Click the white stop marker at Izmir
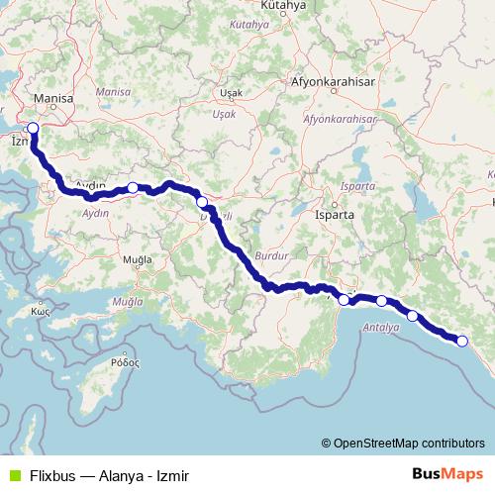point(33,128)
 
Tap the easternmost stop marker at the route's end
point(461,341)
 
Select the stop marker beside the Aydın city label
point(133,187)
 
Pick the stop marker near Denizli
point(202,202)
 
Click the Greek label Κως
point(41,310)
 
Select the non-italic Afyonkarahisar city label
point(333,82)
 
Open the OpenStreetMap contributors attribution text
point(407,443)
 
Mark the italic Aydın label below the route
point(96,213)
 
